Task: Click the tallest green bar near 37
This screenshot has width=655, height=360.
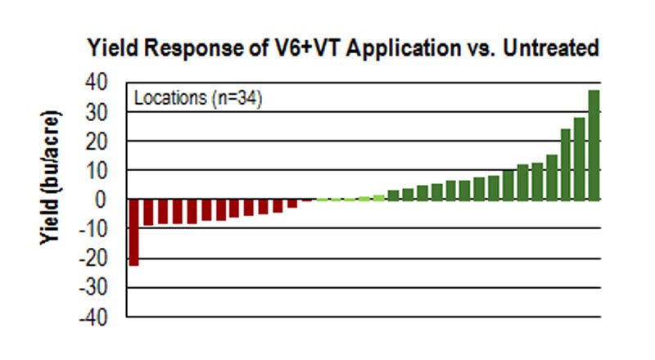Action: [594, 145]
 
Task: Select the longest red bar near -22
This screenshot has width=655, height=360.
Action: [133, 232]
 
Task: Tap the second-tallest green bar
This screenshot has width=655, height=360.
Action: [580, 159]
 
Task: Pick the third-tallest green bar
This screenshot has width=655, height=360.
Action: [565, 164]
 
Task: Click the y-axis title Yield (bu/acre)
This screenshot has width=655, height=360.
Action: [51, 175]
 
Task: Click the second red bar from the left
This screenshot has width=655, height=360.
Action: [148, 213]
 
